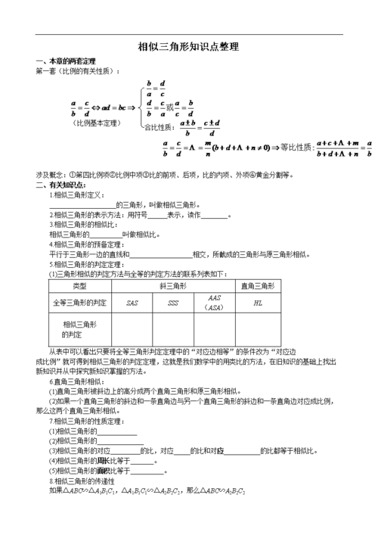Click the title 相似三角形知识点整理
[x=188, y=47]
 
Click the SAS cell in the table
[x=132, y=303]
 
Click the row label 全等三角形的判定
[x=79, y=303]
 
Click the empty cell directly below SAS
[x=132, y=328]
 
